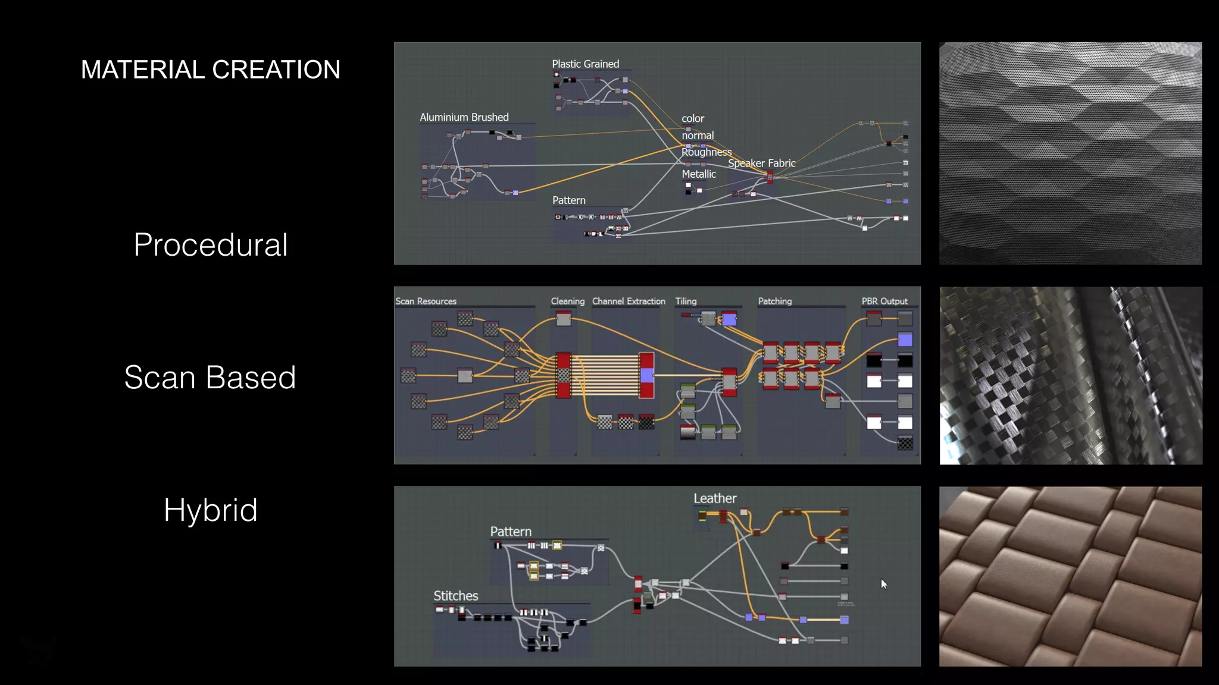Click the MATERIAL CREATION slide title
[x=210, y=70]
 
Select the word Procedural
[x=211, y=245]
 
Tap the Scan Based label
[x=210, y=377]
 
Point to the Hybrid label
[x=210, y=510]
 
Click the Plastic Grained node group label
[x=585, y=64]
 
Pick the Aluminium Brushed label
[x=464, y=117]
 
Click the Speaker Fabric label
[x=761, y=163]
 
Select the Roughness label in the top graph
[x=706, y=152]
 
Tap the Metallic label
[x=698, y=174]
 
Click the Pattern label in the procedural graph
[x=568, y=200]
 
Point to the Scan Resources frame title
[x=426, y=301]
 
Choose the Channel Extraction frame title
[x=629, y=301]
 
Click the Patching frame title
[x=774, y=301]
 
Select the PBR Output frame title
[x=884, y=301]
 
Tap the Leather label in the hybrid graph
[x=714, y=498]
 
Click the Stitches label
[x=455, y=596]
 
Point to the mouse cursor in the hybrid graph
[x=884, y=584]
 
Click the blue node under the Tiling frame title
[x=729, y=320]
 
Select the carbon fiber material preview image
[x=1070, y=376]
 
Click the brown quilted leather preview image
[x=1070, y=576]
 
